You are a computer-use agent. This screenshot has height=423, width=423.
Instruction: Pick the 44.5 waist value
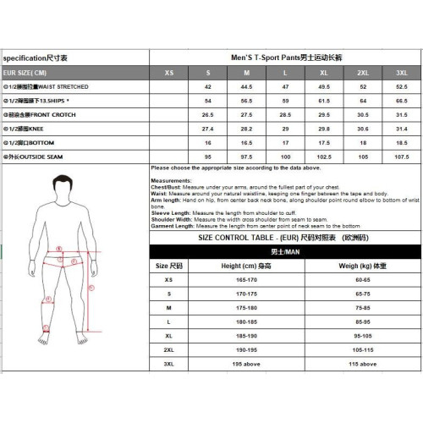246,86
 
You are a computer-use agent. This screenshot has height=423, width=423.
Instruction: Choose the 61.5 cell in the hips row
324,99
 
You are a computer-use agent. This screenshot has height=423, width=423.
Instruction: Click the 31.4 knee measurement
401,128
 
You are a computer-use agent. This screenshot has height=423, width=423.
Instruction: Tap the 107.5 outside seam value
401,157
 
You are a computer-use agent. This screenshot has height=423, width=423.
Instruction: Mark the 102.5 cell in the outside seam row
324,157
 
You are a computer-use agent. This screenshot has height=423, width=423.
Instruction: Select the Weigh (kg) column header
362,265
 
